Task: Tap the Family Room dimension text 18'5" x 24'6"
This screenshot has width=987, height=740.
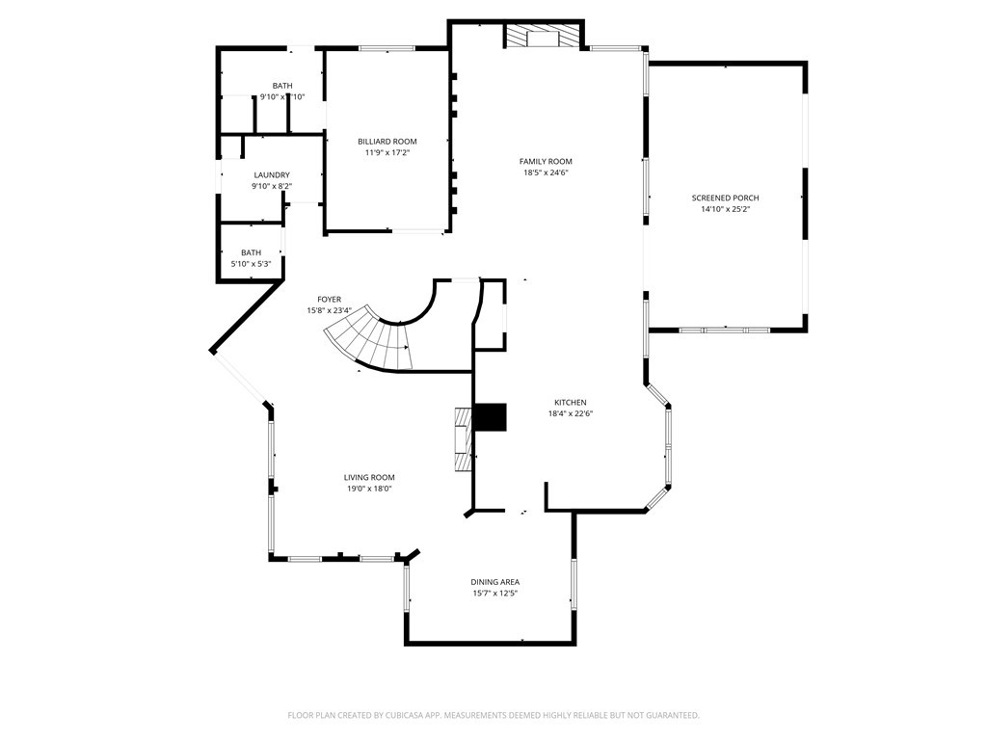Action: pos(546,173)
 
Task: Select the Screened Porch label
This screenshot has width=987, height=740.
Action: pos(725,198)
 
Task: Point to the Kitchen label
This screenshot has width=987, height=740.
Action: pos(570,403)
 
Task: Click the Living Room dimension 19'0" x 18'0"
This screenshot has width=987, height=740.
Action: pos(369,489)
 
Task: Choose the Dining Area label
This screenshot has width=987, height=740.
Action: pos(495,582)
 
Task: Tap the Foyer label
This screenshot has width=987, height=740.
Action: pos(329,300)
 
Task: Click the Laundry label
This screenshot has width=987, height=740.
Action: pos(271,175)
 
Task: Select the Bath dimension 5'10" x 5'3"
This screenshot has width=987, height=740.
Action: pos(251,264)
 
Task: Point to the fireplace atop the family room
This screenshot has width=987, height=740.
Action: pos(544,37)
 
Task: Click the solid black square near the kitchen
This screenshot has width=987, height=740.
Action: pos(490,417)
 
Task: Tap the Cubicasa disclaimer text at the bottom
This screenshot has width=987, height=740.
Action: pos(493,715)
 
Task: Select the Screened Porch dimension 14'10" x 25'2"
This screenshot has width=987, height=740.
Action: pos(725,209)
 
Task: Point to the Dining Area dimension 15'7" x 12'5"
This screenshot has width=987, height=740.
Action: pos(495,594)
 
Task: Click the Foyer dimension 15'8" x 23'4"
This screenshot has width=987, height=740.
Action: pos(329,311)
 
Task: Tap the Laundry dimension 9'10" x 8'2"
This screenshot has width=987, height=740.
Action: pos(271,187)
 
